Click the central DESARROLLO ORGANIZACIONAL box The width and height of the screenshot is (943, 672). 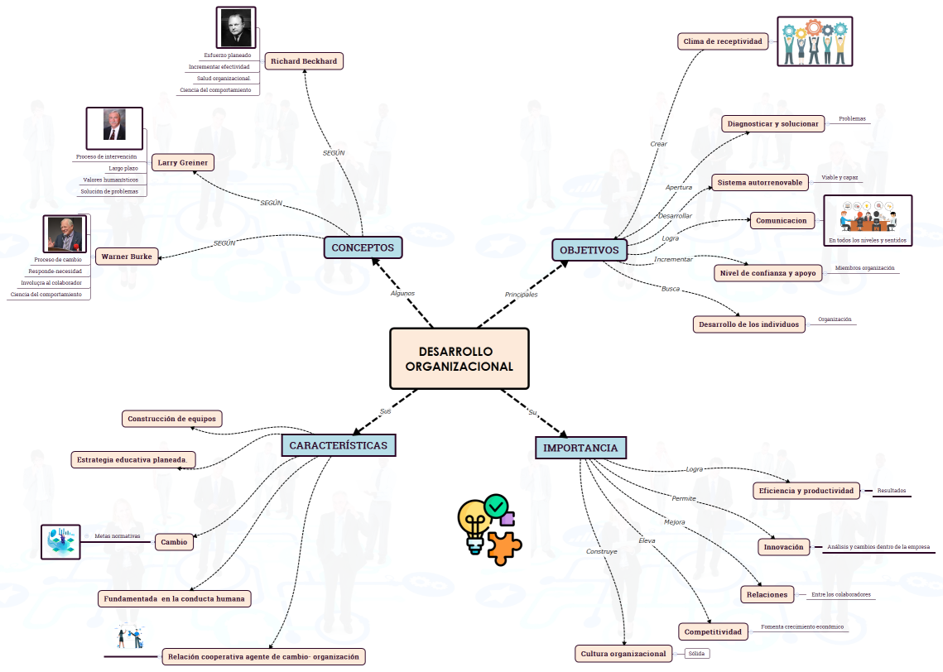459,358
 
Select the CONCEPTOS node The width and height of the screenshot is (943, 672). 363,247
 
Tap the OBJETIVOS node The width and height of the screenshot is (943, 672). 589,250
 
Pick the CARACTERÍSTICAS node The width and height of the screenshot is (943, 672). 338,445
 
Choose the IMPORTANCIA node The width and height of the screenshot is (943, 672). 580,448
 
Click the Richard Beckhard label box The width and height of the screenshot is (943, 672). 304,61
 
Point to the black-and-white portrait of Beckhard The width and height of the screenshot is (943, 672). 236,27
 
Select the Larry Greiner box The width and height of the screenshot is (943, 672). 183,162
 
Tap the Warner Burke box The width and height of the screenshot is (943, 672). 127,257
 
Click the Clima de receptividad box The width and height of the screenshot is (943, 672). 723,41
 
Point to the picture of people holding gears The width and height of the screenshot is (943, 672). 814,41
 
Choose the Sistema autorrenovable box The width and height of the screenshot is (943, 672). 758,182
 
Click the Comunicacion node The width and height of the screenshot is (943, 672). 781,221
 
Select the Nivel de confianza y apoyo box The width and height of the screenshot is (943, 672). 767,272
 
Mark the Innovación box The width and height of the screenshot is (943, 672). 783,547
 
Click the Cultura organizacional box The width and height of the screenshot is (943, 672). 623,654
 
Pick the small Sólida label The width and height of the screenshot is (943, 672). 696,654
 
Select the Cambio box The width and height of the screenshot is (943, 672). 174,542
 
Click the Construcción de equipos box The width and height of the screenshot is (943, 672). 171,419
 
